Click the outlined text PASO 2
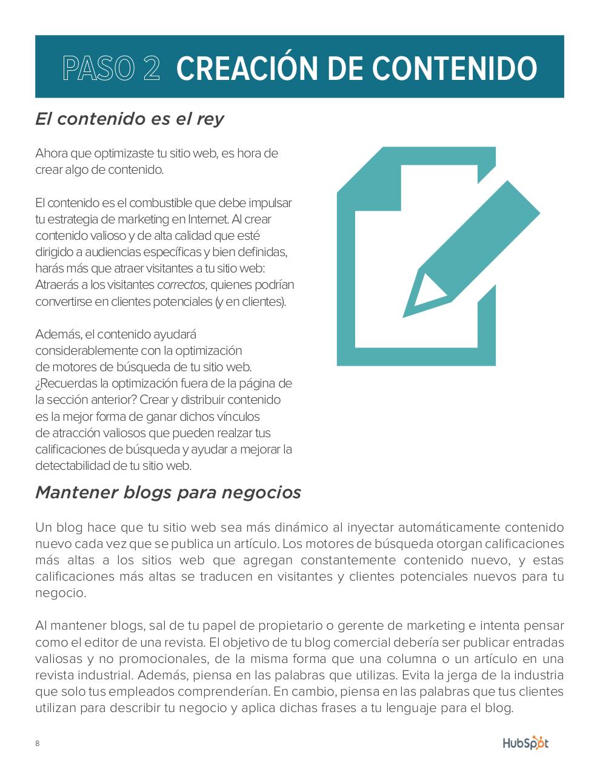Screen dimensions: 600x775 [112, 68]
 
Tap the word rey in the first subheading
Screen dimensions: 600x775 [210, 119]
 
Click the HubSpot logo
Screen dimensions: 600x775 [525, 743]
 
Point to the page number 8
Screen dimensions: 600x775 [38, 744]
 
